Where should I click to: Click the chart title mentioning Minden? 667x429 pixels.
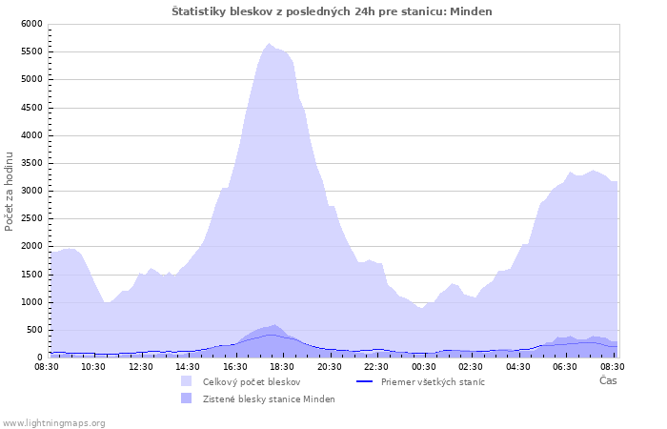(x=332, y=11)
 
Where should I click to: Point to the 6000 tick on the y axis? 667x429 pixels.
(x=31, y=24)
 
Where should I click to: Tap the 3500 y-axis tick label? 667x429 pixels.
(x=31, y=163)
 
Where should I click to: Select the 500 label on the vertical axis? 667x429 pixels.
(x=34, y=330)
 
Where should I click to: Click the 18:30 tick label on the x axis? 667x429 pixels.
(x=282, y=367)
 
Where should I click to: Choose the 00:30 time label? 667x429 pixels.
(x=424, y=367)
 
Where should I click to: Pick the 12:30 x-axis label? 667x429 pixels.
(x=141, y=367)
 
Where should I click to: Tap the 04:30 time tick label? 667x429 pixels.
(x=518, y=367)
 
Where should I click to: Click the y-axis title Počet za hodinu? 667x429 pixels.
(x=9, y=192)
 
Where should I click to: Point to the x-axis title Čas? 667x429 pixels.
(x=608, y=380)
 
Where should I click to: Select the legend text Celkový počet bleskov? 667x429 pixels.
(x=252, y=382)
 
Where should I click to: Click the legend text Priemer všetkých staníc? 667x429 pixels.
(x=433, y=382)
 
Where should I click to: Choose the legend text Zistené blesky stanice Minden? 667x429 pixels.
(x=269, y=399)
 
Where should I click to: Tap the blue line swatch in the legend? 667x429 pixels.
(x=365, y=381)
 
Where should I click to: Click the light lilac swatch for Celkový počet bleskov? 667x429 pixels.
(x=187, y=381)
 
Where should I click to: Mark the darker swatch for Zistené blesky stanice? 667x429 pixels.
(x=187, y=398)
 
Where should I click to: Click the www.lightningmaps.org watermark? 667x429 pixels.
(x=53, y=423)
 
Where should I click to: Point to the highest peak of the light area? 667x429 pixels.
(x=269, y=44)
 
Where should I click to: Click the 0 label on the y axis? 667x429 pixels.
(x=40, y=357)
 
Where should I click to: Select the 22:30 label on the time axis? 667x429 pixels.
(x=376, y=367)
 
